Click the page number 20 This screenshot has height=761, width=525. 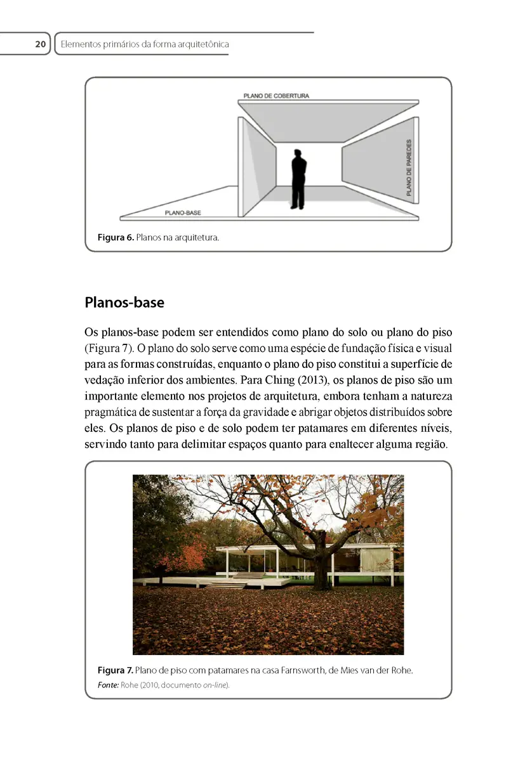click(x=40, y=44)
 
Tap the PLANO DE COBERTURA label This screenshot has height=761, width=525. click(x=276, y=96)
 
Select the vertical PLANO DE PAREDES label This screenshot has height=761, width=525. click(x=408, y=167)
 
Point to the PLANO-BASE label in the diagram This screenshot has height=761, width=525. click(x=183, y=213)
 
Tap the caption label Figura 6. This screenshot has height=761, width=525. click(x=115, y=238)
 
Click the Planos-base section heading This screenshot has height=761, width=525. click(x=124, y=302)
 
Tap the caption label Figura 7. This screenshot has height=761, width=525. click(x=115, y=670)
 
